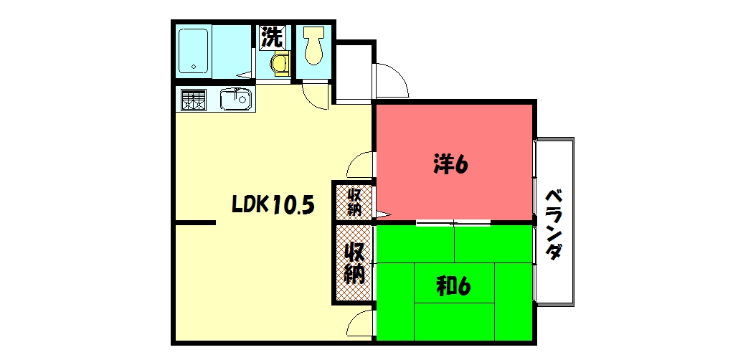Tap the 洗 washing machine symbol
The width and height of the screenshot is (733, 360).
pyautogui.click(x=273, y=37)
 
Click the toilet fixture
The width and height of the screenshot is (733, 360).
pyautogui.click(x=313, y=45)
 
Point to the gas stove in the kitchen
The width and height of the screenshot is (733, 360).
pyautogui.click(x=192, y=100)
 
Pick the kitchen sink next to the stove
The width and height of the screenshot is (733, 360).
pyautogui.click(x=235, y=99)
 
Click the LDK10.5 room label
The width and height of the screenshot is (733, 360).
pyautogui.click(x=273, y=205)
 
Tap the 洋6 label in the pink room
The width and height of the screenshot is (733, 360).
pyautogui.click(x=450, y=165)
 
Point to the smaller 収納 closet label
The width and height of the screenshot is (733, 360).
pyautogui.click(x=354, y=202)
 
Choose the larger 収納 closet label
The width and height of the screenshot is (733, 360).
pyautogui.click(x=354, y=262)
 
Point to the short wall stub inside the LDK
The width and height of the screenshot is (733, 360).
pyautogui.click(x=195, y=223)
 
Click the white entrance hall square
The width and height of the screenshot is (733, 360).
pyautogui.click(x=354, y=72)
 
